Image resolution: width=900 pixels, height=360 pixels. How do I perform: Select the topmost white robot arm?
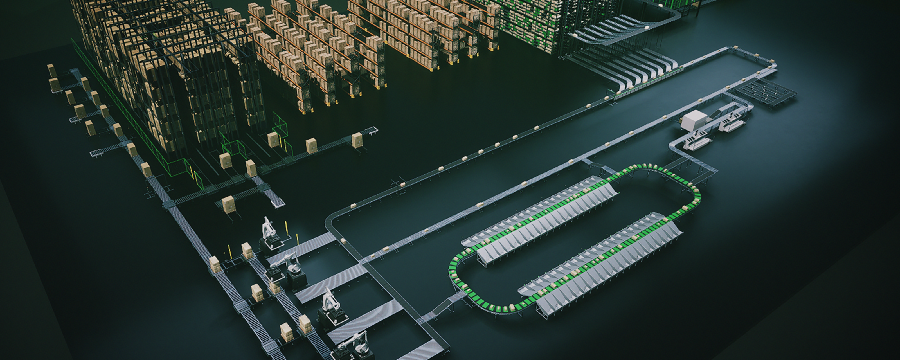268,231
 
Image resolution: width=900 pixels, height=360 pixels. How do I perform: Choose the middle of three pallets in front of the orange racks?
311,145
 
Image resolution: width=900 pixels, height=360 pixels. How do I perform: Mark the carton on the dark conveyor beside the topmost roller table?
343,240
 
